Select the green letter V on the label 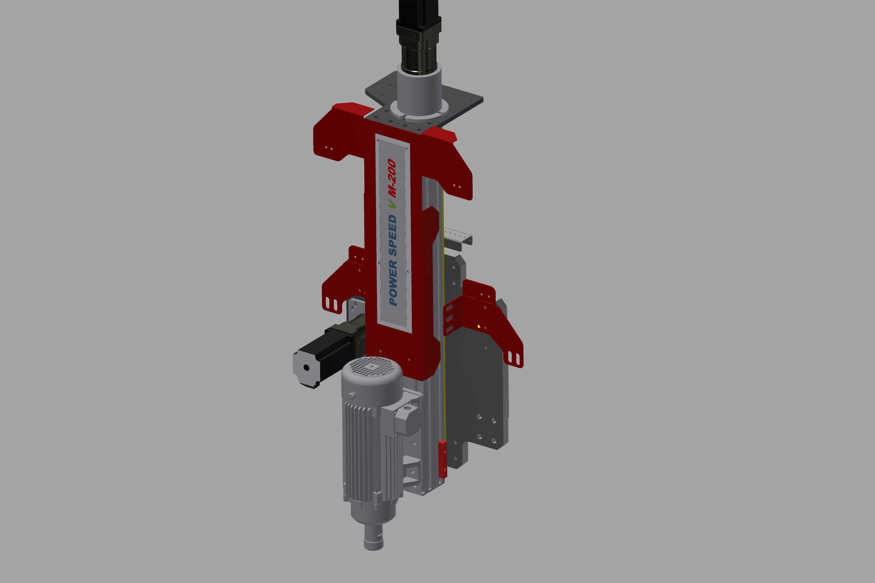pyautogui.click(x=392, y=204)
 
